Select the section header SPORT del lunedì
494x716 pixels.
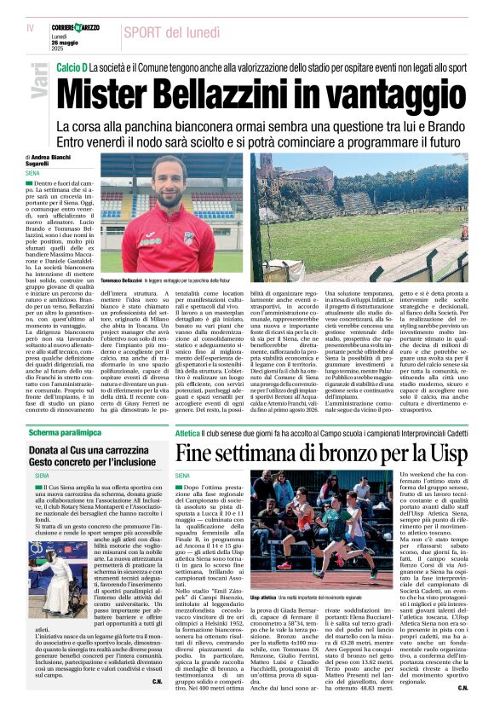172,32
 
